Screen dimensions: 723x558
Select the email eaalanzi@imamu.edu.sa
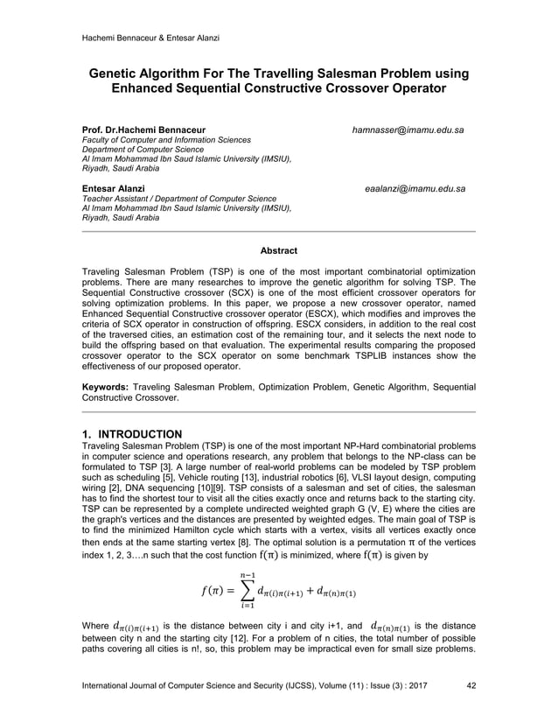[415, 188]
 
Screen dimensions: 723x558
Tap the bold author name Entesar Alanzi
[108, 188]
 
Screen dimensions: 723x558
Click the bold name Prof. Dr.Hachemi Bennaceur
[143, 130]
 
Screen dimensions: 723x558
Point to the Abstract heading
[278, 251]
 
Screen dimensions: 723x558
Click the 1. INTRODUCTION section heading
[131, 434]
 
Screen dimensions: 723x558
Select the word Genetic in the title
[122, 73]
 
